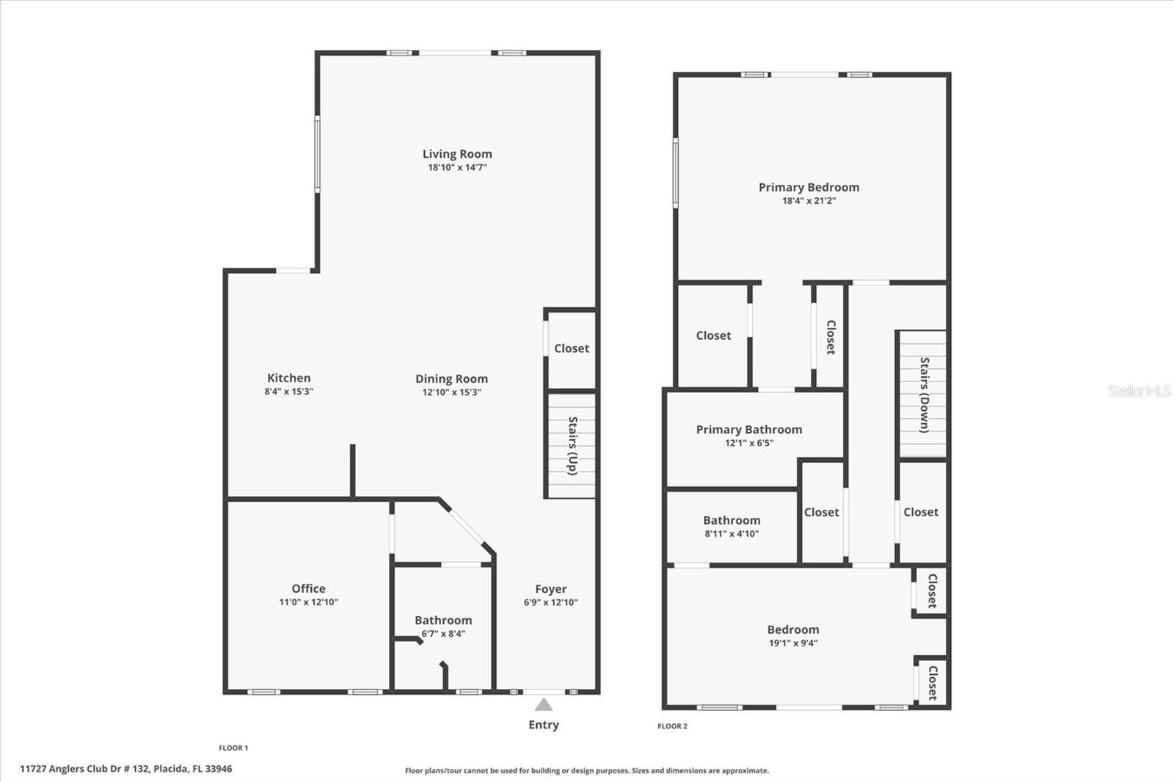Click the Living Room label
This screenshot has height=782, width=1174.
[457, 154]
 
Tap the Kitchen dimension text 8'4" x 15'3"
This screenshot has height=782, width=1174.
[289, 392]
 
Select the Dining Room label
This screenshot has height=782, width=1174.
[451, 379]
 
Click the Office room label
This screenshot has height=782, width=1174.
[308, 588]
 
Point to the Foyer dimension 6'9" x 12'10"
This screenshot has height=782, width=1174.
[550, 602]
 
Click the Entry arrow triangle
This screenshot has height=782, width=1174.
[543, 705]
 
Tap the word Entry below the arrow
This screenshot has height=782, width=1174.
[544, 725]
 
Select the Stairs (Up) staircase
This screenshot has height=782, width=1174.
[571, 446]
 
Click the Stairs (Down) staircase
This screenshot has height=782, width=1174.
[922, 395]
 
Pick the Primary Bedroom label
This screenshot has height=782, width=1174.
[809, 187]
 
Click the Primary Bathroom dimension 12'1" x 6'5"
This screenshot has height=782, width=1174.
[748, 443]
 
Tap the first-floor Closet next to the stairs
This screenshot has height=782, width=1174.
[571, 348]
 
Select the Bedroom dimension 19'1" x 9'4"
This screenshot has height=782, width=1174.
[792, 643]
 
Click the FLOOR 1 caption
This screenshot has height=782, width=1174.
[233, 748]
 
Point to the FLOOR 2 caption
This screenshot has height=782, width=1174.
[672, 726]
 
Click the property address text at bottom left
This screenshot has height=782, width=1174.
[125, 769]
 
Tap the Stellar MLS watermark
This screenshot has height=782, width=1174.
[1139, 391]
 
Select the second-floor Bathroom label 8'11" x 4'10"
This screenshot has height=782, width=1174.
[732, 521]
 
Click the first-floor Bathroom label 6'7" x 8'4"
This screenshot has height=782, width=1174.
[443, 621]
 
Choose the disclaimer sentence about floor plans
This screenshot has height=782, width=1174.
[587, 771]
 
